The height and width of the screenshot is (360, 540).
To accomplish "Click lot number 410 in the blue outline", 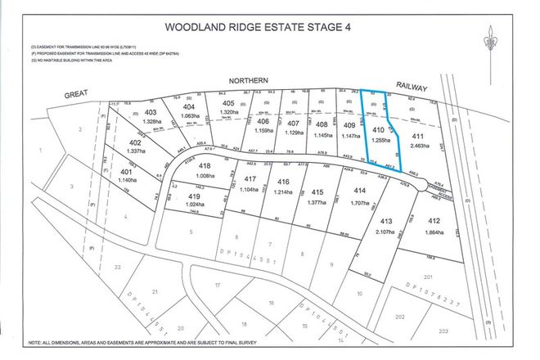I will [379, 130].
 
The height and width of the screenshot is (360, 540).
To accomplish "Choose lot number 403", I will [150, 112].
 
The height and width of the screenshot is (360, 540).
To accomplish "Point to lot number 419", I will [193, 197].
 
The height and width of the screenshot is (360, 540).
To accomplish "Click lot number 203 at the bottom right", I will [442, 332].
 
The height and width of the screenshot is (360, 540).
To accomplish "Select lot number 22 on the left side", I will [118, 267].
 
